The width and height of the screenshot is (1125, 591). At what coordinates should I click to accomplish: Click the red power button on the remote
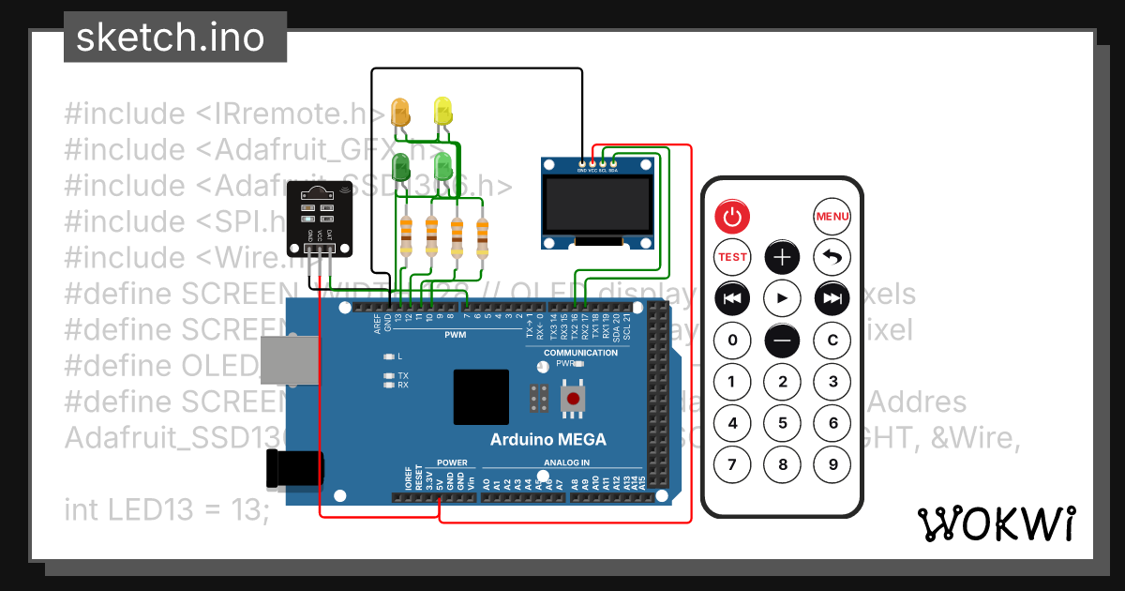(x=733, y=217)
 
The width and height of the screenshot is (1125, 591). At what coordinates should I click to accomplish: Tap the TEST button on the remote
(x=733, y=256)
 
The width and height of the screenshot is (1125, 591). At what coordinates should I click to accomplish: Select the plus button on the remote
(x=783, y=256)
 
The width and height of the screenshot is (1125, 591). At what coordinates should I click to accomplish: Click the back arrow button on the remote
(x=832, y=256)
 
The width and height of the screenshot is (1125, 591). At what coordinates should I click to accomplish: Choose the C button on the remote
(x=832, y=340)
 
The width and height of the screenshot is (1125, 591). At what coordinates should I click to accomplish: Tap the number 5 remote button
(x=783, y=423)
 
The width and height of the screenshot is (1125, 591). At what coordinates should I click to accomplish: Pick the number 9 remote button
(x=832, y=463)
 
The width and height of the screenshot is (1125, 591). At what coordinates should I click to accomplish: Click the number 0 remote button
(x=733, y=340)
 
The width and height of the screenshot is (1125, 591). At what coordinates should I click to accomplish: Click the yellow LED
(x=443, y=111)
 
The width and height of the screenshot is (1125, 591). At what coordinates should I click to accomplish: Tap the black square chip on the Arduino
(x=482, y=397)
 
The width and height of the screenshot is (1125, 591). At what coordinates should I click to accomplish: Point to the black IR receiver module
(x=319, y=219)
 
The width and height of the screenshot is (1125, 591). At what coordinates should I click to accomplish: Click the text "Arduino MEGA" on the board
(x=548, y=439)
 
